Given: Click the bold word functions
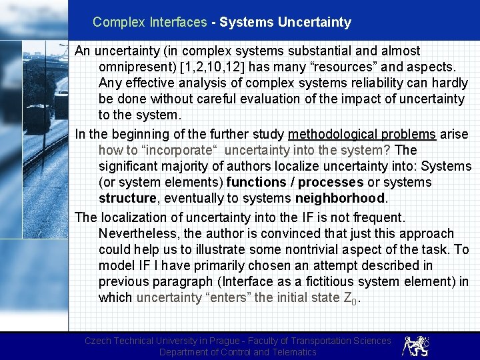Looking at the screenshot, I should click(x=256, y=182).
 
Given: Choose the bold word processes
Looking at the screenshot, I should click(x=331, y=182).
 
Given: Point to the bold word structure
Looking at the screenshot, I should click(x=128, y=198).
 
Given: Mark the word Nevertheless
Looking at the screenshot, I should click(x=139, y=233).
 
